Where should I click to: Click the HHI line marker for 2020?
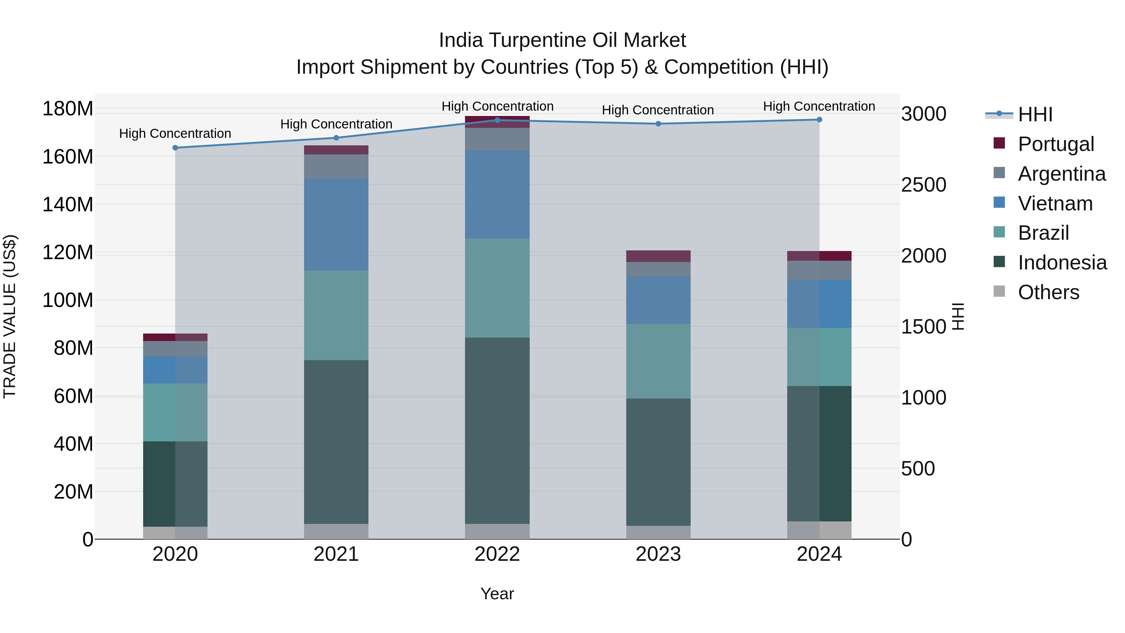[x=175, y=148]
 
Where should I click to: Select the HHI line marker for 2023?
[x=658, y=123]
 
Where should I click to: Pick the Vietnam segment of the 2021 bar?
[x=336, y=224]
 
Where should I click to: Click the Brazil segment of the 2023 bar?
[x=658, y=361]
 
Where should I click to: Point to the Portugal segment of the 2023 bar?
[x=658, y=256]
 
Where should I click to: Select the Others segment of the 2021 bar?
[x=336, y=531]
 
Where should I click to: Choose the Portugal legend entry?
[x=1056, y=144]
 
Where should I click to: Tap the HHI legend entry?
[x=1035, y=114]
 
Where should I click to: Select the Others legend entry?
[x=1048, y=292]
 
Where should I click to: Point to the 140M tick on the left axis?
[x=68, y=204]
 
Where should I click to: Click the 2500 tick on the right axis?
[x=924, y=185]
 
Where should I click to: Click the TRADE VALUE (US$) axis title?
[x=10, y=316]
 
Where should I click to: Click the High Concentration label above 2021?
[x=336, y=124]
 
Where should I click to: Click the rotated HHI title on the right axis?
[x=957, y=316]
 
